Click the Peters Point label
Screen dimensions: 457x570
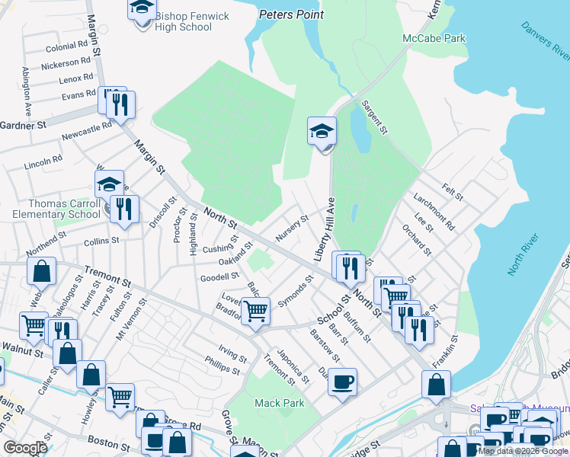tap(291, 14)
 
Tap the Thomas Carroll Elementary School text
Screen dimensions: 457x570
tap(53, 209)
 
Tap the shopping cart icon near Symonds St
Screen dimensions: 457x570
tap(256, 310)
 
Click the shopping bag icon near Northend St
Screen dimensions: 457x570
tap(42, 270)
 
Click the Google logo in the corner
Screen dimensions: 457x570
tap(24, 448)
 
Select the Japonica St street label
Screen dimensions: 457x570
tap(293, 365)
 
